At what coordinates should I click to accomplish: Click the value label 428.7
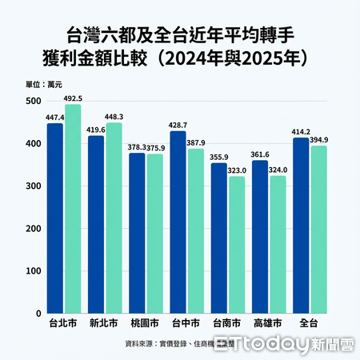[178, 126]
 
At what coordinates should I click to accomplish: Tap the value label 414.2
[300, 132]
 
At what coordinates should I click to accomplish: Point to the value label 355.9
[218, 157]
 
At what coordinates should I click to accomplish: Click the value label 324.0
[279, 170]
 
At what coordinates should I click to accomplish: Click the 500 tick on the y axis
[33, 102]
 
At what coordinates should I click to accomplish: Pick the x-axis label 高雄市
[268, 326]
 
